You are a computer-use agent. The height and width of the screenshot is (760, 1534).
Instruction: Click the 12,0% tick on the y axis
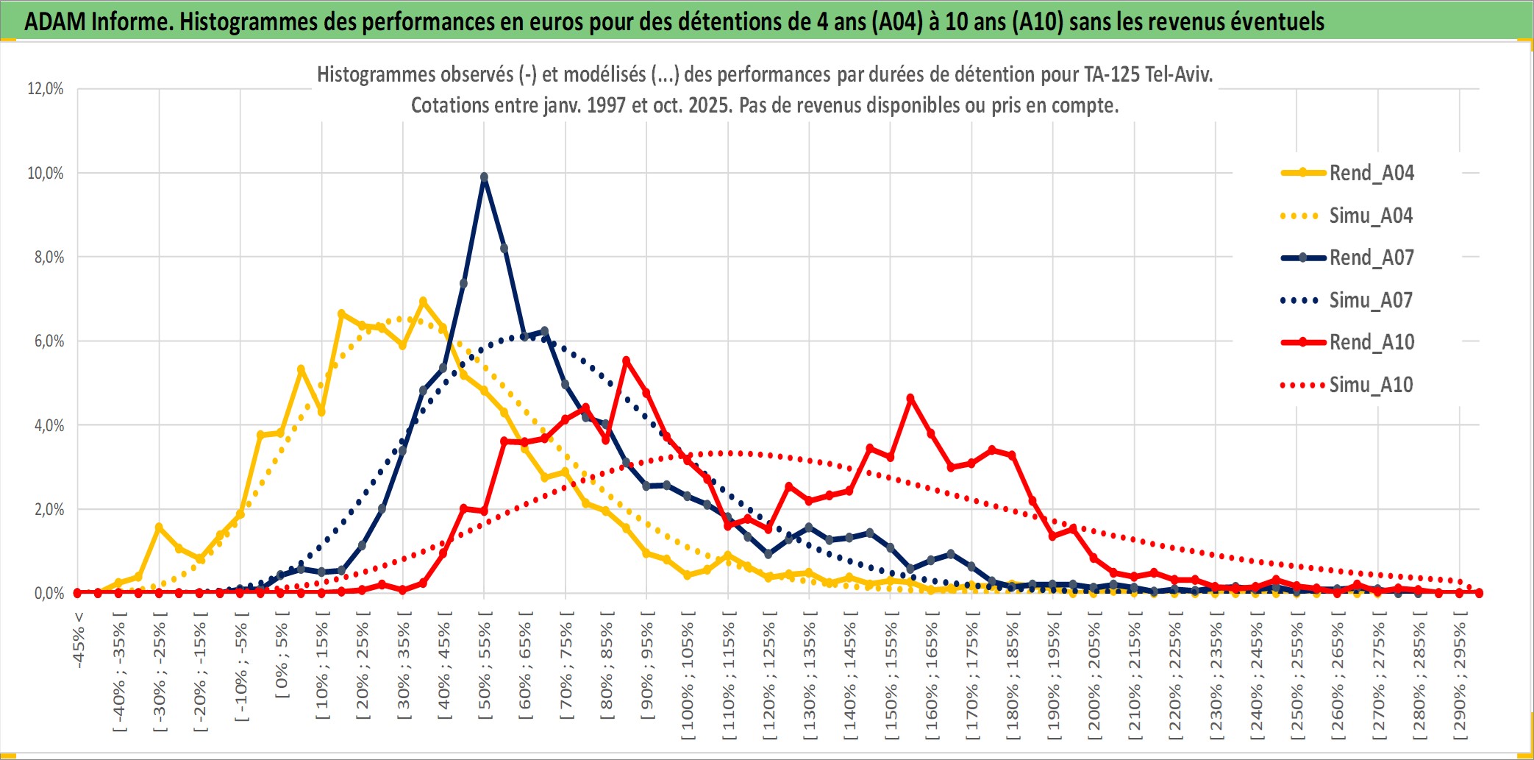[46, 89]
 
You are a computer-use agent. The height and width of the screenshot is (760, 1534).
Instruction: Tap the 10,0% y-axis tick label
[46, 174]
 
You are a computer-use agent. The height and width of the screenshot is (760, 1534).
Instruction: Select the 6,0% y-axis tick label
[49, 341]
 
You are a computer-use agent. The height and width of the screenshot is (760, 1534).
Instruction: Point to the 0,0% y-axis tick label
[49, 594]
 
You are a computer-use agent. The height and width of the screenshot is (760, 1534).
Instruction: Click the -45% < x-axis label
[79, 640]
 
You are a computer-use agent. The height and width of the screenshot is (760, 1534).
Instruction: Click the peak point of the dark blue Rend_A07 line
[484, 177]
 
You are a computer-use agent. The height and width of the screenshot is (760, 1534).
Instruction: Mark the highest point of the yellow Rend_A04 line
[423, 301]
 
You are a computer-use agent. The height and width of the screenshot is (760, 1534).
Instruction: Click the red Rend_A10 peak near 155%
[910, 398]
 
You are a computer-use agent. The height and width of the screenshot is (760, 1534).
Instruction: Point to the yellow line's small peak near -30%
[159, 527]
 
